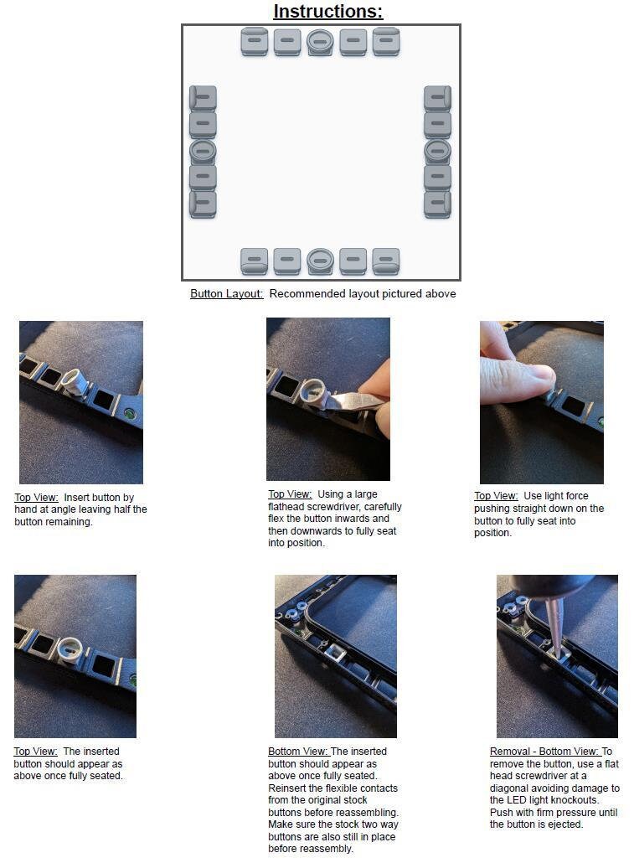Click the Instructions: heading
pyautogui.click(x=327, y=12)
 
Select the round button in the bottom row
pyautogui.click(x=320, y=261)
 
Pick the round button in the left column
pyautogui.click(x=203, y=152)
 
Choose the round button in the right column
pyautogui.click(x=437, y=152)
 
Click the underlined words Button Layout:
pyautogui.click(x=227, y=294)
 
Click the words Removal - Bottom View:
pyautogui.click(x=544, y=752)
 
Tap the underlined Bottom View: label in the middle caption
pyautogui.click(x=299, y=752)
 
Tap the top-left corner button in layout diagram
pyautogui.click(x=255, y=41)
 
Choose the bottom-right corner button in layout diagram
pyautogui.click(x=385, y=261)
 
